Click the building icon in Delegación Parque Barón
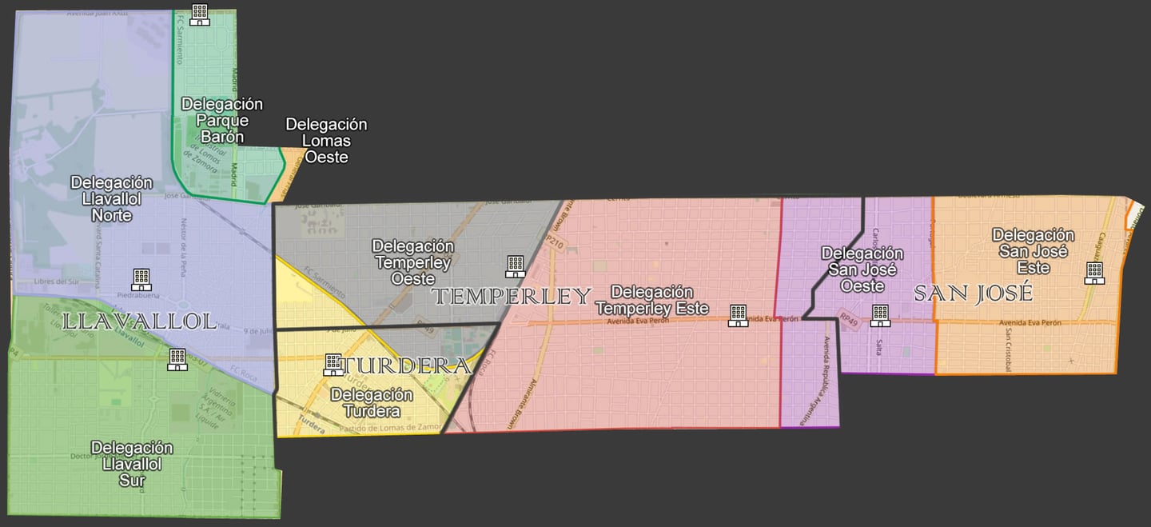pos(200,14)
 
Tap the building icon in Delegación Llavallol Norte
pos(141,279)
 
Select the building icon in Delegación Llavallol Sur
pos(177,359)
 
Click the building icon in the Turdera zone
pos(333,365)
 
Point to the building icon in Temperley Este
pos(738,315)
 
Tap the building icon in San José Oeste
pos(880,315)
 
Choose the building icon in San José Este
pos(1094,273)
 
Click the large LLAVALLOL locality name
pos(139,321)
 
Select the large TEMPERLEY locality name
pos(512,297)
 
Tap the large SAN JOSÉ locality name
pos(973,293)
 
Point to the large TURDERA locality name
pos(406,366)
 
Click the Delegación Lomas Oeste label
pos(326,141)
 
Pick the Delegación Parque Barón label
pos(222,120)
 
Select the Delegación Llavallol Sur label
pos(132,464)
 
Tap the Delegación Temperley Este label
pos(652,300)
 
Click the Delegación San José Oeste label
pos(862,269)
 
